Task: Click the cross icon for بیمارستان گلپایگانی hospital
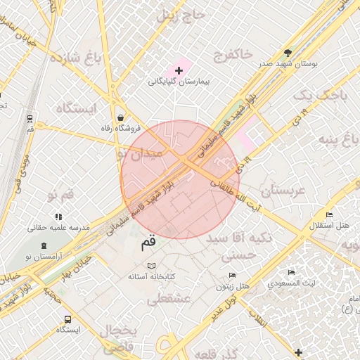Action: click(179, 70)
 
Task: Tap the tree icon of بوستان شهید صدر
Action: click(288, 53)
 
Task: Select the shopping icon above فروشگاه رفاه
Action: click(122, 117)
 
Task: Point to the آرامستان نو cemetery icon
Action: click(45, 245)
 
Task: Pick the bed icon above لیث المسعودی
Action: click(291, 273)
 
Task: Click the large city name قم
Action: click(150, 243)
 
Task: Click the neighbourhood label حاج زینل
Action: click(175, 15)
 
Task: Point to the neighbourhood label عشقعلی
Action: click(167, 297)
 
